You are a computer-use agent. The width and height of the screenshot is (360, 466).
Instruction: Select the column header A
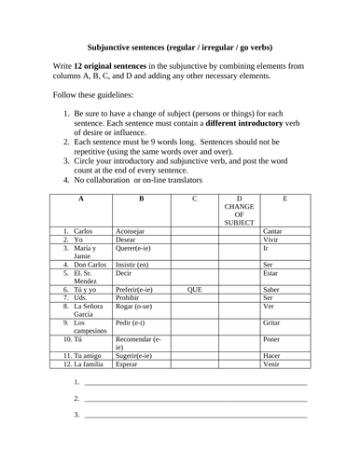[x=81, y=199]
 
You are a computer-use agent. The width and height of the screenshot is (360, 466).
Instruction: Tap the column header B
[x=141, y=199]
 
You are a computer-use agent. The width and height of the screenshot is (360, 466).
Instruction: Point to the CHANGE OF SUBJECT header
[x=240, y=211]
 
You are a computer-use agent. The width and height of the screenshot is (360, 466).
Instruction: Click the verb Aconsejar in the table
[x=130, y=230]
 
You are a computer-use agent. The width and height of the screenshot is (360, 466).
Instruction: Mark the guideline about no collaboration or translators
[x=168, y=179]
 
